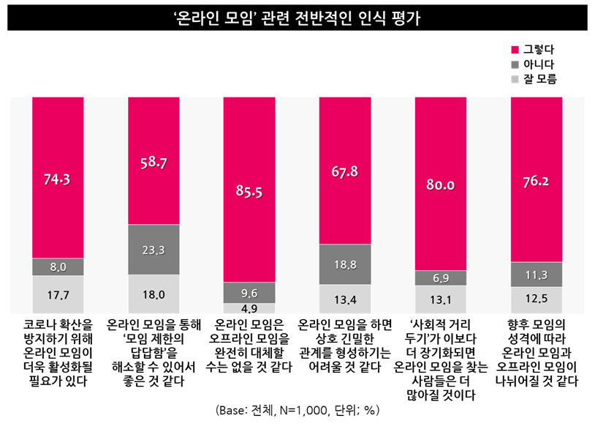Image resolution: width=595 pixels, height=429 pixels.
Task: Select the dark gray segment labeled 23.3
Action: click(154, 250)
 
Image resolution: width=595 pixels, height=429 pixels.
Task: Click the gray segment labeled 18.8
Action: click(345, 264)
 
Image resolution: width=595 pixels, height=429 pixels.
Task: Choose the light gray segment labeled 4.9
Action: click(249, 308)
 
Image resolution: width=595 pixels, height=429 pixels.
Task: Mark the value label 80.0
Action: click(441, 186)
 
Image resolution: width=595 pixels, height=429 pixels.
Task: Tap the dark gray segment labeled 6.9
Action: click(441, 277)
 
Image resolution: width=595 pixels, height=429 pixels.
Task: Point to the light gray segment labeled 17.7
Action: click(58, 295)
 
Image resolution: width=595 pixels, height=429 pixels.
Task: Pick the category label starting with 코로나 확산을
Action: click(58, 352)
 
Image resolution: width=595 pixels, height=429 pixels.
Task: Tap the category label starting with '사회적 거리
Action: click(441, 359)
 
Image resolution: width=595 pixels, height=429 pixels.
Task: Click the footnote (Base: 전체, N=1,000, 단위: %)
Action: click(297, 410)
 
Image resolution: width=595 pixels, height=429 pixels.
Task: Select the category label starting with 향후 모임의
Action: click(537, 352)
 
